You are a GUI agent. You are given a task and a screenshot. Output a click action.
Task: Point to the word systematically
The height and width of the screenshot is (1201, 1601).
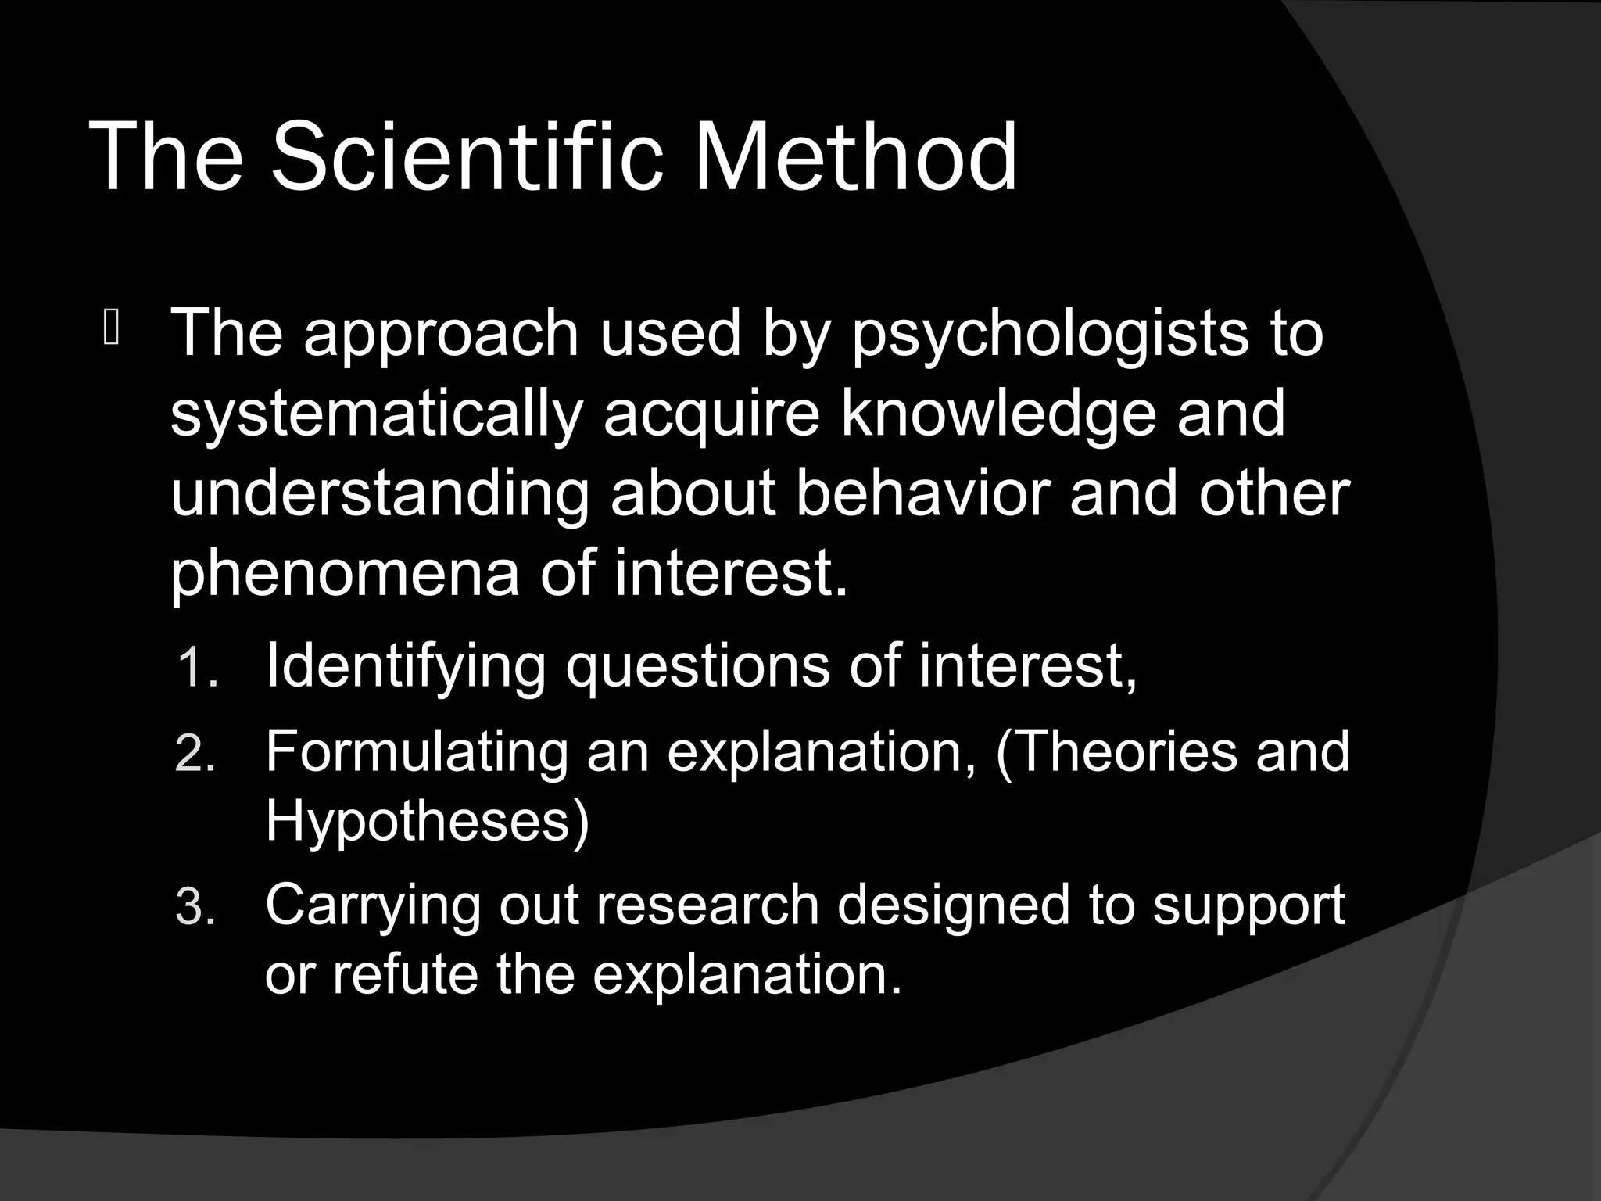[376, 416]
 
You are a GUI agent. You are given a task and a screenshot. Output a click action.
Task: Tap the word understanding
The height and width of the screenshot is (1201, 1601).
[379, 497]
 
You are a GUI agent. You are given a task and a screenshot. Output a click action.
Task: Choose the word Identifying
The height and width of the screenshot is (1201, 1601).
[405, 667]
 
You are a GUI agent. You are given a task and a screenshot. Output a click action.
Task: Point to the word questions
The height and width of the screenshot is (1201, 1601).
[697, 667]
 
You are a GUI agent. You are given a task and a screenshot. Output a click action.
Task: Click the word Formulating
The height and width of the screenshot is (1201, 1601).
[417, 753]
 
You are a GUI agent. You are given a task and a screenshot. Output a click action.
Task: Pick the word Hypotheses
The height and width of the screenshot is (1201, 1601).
[427, 821]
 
